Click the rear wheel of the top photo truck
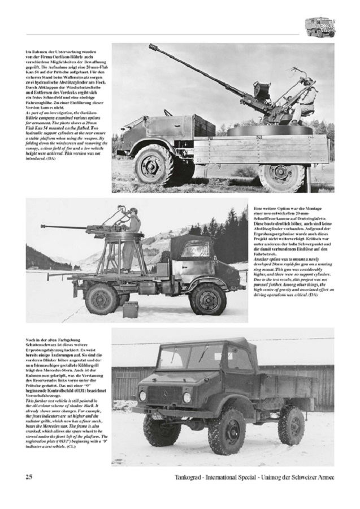(x=281, y=176)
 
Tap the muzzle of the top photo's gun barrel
(x=151, y=48)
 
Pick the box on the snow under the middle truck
(x=131, y=309)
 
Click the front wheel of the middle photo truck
(x=207, y=299)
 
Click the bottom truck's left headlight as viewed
(x=142, y=396)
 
